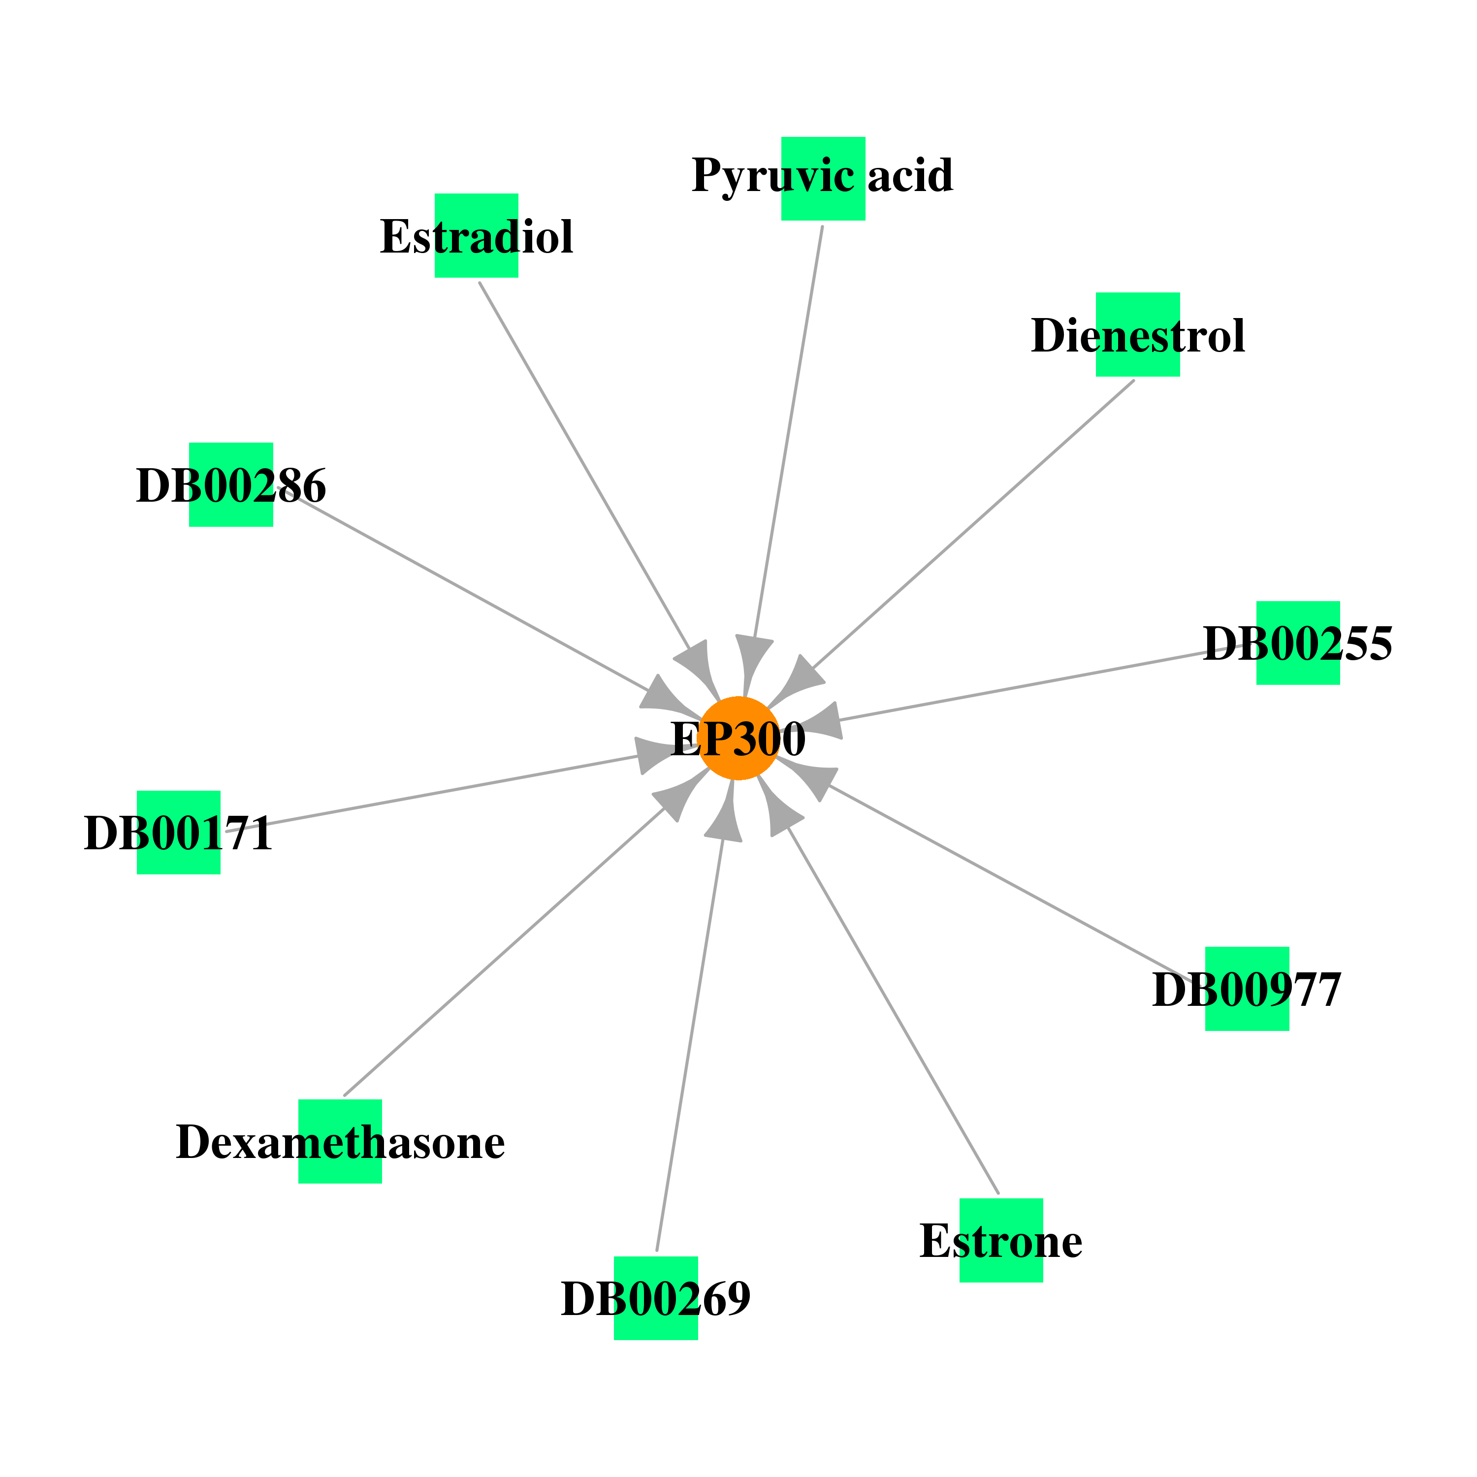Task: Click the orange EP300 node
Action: click(x=738, y=738)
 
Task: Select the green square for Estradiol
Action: click(x=476, y=235)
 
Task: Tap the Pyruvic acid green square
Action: click(x=823, y=179)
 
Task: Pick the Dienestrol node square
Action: click(x=1138, y=334)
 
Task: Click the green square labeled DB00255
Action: click(x=1298, y=643)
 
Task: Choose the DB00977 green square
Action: click(x=1247, y=989)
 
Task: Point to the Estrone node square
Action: click(x=1001, y=1240)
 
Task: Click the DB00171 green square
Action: click(x=179, y=833)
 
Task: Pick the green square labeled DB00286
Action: click(x=231, y=484)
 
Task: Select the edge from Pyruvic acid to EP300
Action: click(x=788, y=432)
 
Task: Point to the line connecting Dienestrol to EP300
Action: click(x=972, y=524)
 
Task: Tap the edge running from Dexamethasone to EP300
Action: click(x=504, y=950)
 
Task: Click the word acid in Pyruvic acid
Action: click(x=910, y=175)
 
